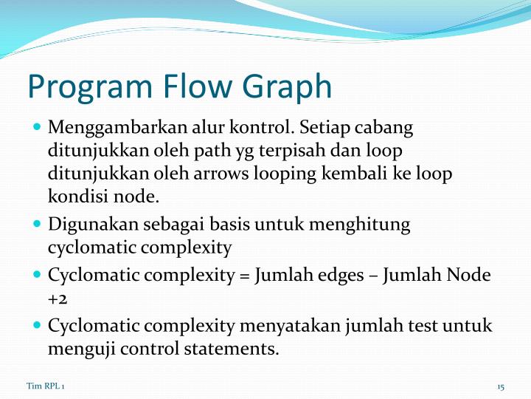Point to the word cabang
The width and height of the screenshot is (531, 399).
(x=386, y=127)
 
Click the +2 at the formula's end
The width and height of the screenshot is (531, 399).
(x=58, y=299)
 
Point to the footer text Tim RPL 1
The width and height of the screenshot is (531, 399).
(x=45, y=386)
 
